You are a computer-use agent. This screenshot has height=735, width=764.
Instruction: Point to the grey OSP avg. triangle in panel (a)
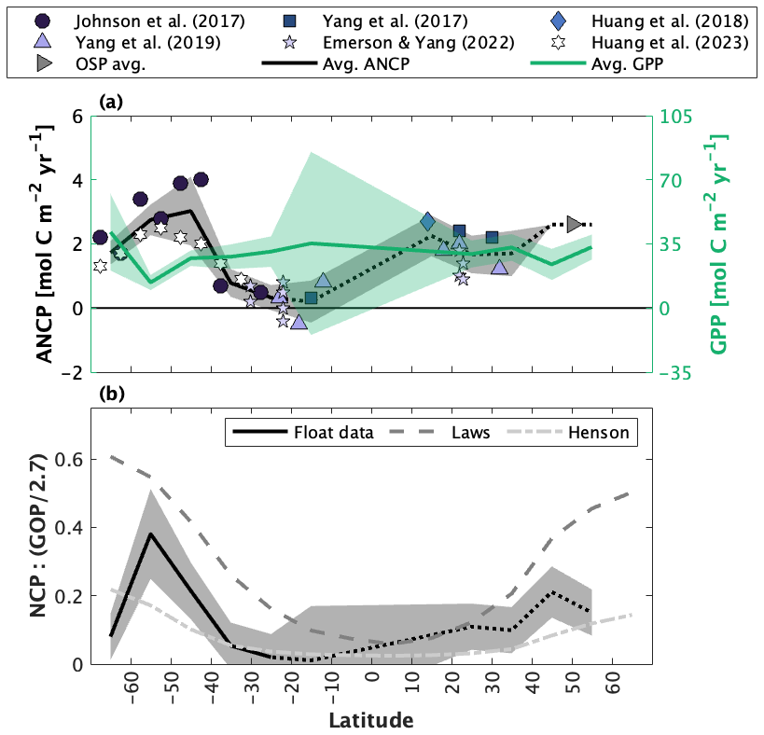[x=575, y=224]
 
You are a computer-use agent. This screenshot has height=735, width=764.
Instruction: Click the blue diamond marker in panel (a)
[x=428, y=221]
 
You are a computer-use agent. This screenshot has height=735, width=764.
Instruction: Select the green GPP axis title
[x=719, y=243]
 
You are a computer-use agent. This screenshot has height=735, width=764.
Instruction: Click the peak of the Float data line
[x=150, y=534]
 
